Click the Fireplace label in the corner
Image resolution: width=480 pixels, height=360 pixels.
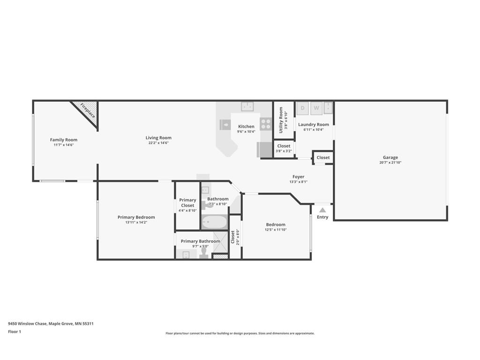88,111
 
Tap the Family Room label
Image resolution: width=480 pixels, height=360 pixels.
64,140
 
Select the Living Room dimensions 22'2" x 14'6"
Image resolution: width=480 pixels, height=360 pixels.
158,143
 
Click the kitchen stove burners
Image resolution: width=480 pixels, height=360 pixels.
266,124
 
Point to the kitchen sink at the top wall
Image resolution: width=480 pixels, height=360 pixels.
247,106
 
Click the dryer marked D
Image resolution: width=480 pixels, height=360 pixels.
302,108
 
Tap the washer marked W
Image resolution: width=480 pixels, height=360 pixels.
316,108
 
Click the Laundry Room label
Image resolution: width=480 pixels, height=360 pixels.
314,125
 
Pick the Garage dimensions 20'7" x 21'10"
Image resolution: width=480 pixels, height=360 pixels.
390,163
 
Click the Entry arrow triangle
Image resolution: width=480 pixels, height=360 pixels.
322,210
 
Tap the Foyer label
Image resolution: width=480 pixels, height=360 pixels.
299,177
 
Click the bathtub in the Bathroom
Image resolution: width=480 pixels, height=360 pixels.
214,222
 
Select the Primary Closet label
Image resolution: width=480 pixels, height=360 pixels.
187,202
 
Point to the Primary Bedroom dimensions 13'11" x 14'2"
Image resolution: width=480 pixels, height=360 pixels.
136,223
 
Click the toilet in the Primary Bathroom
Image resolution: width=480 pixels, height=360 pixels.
204,253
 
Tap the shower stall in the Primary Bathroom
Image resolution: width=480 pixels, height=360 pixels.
220,242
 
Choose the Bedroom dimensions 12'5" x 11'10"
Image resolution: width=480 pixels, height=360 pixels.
276,230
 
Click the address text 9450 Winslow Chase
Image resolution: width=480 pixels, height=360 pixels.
28,323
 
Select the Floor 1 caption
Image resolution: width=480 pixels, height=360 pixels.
15,331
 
